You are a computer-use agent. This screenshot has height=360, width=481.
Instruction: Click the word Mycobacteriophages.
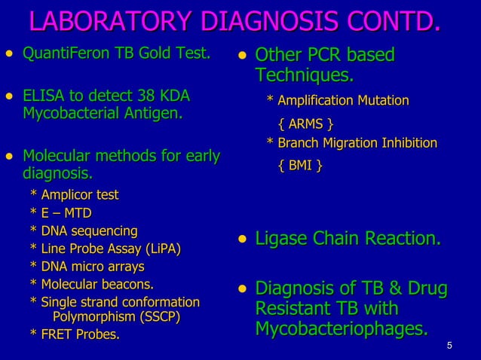coord(341,329)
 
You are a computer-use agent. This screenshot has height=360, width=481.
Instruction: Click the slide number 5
coord(449,346)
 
